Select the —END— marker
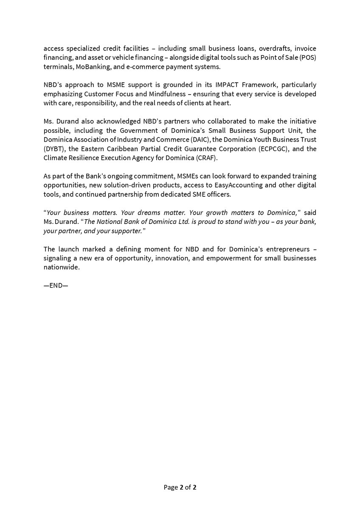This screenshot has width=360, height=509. (56, 285)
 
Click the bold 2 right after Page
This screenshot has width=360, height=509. (181, 487)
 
